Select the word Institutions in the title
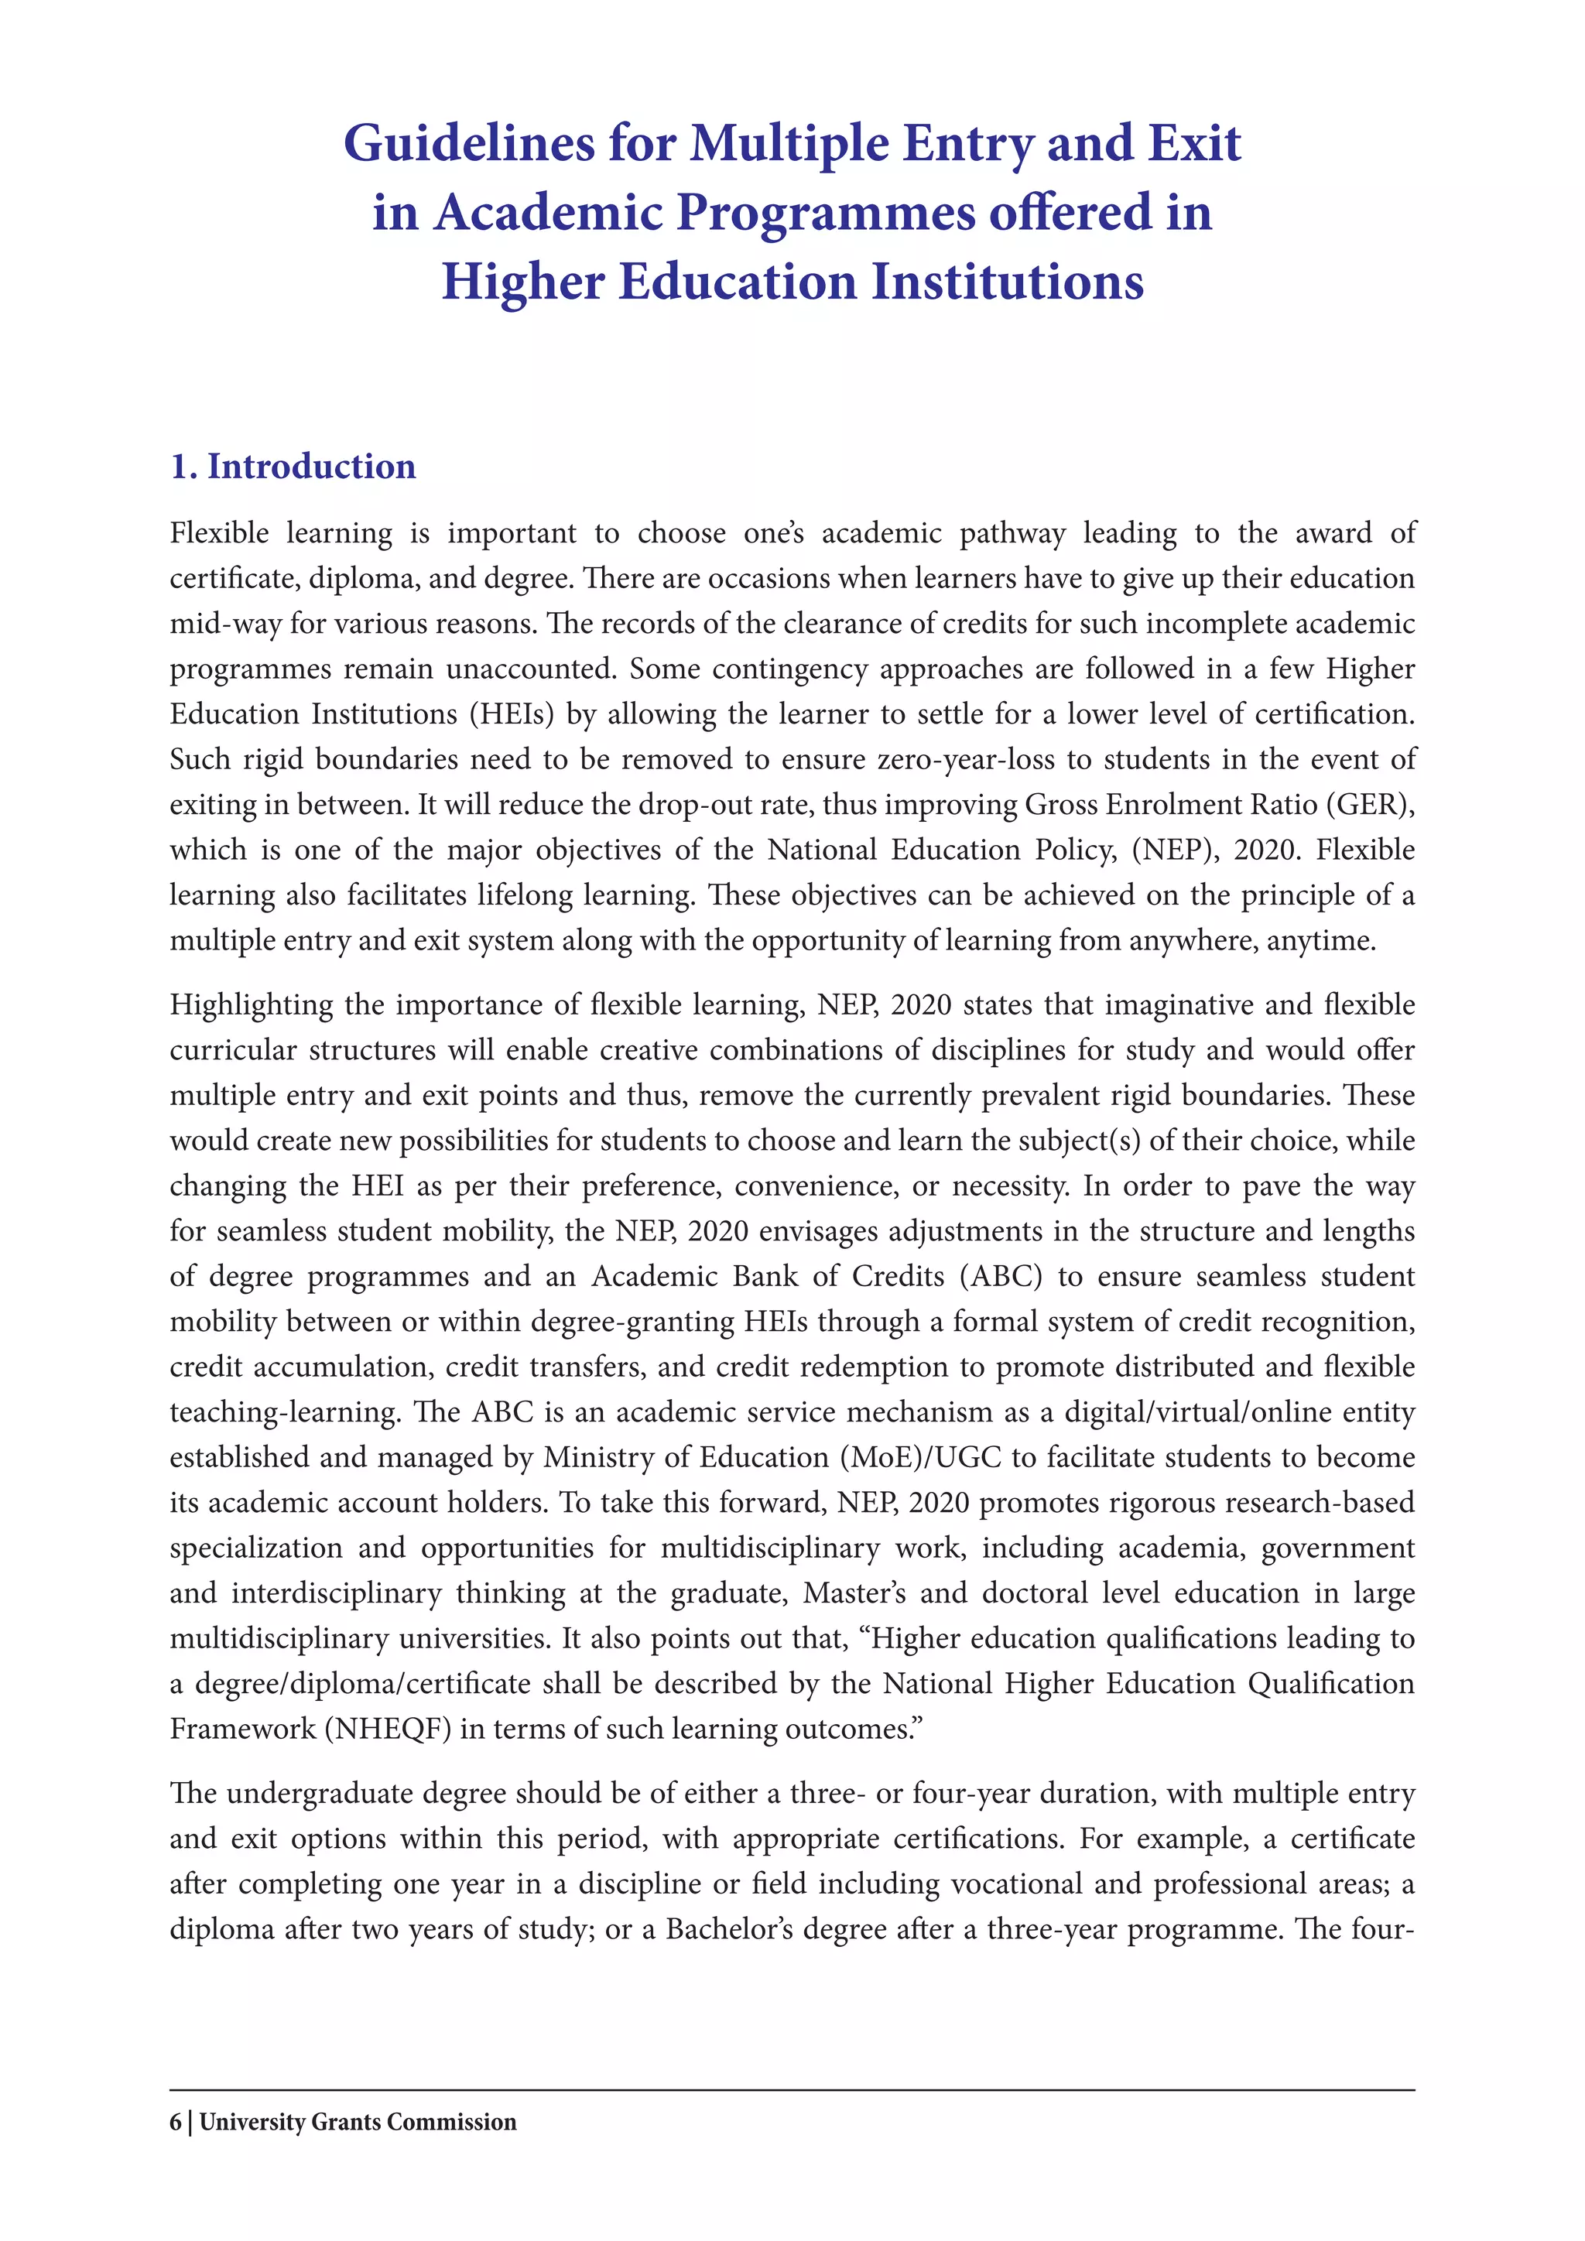[1006, 283]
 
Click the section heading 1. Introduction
[293, 467]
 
